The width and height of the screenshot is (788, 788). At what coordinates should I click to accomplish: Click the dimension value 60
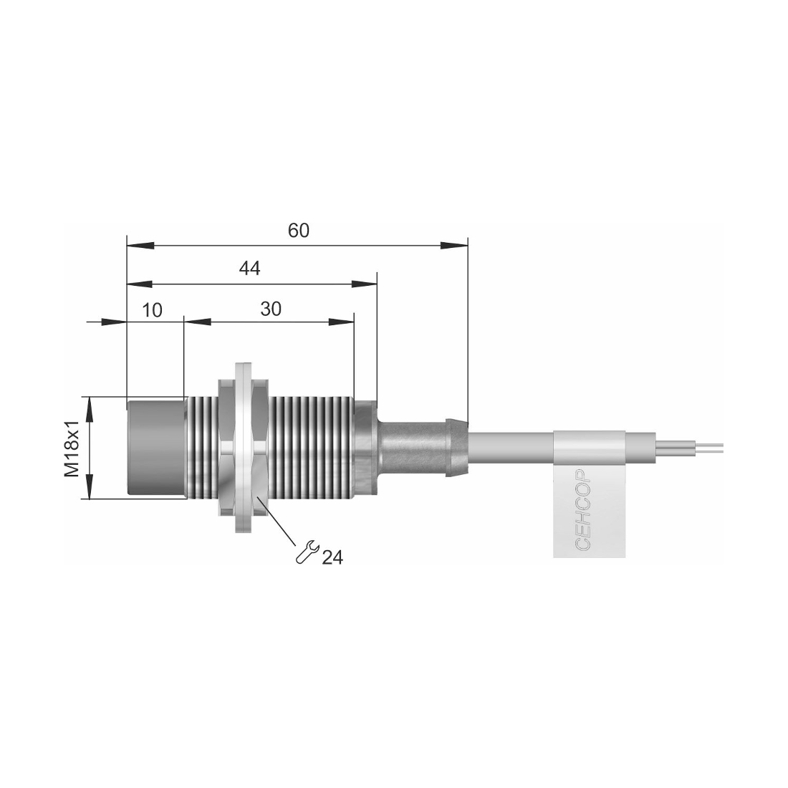click(x=299, y=231)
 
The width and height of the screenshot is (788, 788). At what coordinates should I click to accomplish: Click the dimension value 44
click(x=250, y=269)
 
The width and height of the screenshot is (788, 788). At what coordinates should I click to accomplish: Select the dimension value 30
click(x=271, y=309)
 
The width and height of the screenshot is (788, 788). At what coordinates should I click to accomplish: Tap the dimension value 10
click(x=152, y=310)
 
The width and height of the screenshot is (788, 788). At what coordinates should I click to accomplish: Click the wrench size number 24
click(x=332, y=557)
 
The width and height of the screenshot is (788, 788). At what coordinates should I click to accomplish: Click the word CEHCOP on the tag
click(x=582, y=509)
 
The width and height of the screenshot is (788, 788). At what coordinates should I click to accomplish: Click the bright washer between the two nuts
click(x=245, y=448)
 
